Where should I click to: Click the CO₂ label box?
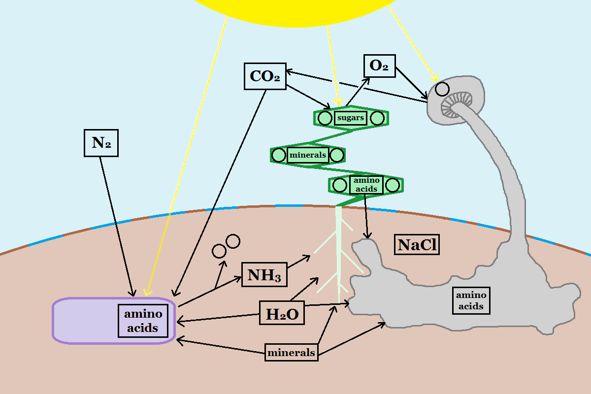click(x=265, y=76)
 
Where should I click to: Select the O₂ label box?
click(x=379, y=66)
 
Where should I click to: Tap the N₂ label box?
click(x=101, y=143)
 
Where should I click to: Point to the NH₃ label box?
click(x=264, y=274)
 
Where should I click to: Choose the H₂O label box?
click(x=282, y=314)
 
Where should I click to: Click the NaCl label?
click(x=417, y=245)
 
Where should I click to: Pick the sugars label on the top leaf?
click(x=351, y=118)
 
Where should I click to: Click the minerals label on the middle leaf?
click(x=308, y=155)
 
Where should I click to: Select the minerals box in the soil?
click(x=291, y=353)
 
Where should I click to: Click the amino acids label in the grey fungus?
click(x=471, y=300)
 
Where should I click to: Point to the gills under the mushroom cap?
click(x=453, y=105)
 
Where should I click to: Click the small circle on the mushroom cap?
click(x=442, y=89)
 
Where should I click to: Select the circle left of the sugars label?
click(x=325, y=118)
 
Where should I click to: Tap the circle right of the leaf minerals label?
click(x=337, y=155)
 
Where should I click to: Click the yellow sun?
click(x=295, y=10)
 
